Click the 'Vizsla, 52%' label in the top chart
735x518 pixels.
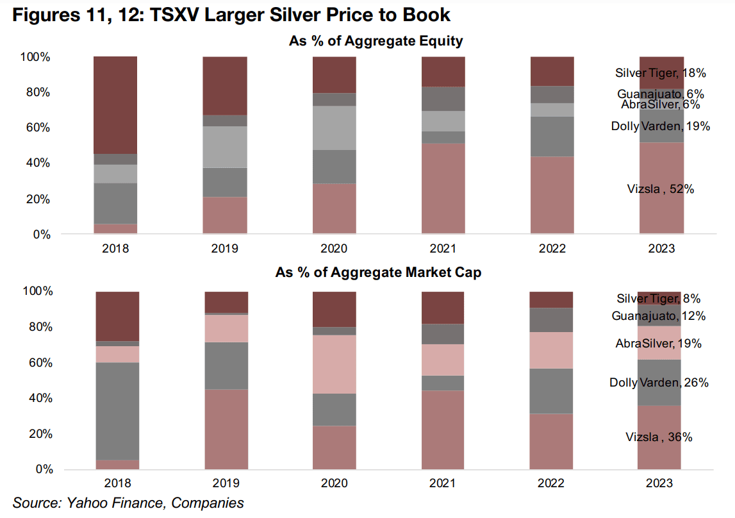pos(660,188)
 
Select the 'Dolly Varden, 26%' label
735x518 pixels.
pos(659,383)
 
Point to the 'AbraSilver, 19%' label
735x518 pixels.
pos(659,344)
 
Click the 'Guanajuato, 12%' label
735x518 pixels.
pos(659,316)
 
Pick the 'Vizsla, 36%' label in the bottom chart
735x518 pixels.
pos(659,437)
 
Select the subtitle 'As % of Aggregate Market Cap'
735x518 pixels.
pos(378,272)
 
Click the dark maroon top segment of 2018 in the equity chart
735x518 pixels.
pos(115,104)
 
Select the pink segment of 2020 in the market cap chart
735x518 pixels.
pos(334,364)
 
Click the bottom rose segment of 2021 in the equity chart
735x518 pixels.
pos(443,188)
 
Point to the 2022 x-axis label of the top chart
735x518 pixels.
pos(552,249)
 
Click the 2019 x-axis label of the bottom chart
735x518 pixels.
pos(225,483)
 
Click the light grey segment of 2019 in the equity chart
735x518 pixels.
pos(225,147)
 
